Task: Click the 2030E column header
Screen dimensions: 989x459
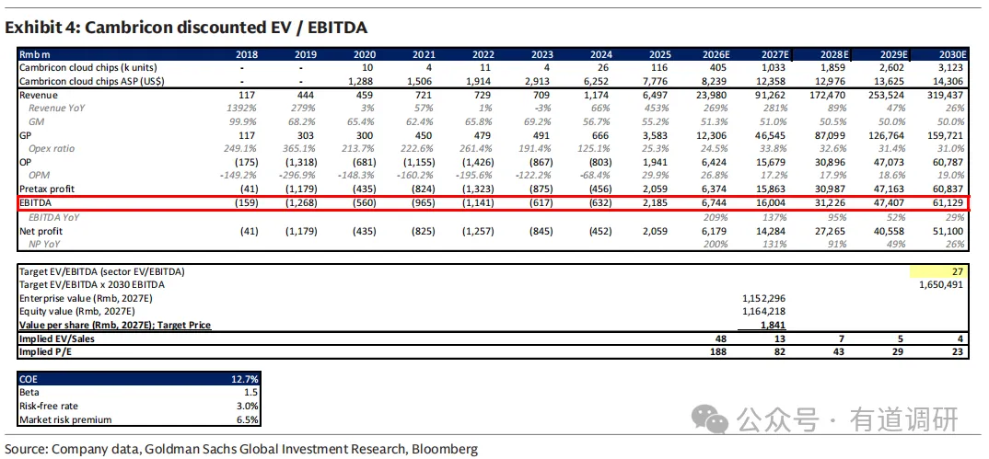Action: [x=952, y=54]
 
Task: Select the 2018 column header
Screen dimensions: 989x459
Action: [x=247, y=54]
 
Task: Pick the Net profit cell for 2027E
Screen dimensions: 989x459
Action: [x=770, y=231]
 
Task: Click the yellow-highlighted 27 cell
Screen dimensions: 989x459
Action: [x=938, y=271]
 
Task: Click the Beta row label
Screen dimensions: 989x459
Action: [x=29, y=393]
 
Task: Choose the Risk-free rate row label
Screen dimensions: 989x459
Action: [x=47, y=407]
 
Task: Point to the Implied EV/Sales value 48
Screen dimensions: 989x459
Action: [x=726, y=339]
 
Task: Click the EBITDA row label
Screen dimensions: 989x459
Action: [x=35, y=203]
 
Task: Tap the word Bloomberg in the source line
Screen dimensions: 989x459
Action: [x=446, y=449]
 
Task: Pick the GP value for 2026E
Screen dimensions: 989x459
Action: [x=716, y=135]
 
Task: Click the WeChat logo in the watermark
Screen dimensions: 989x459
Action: [x=709, y=419]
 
